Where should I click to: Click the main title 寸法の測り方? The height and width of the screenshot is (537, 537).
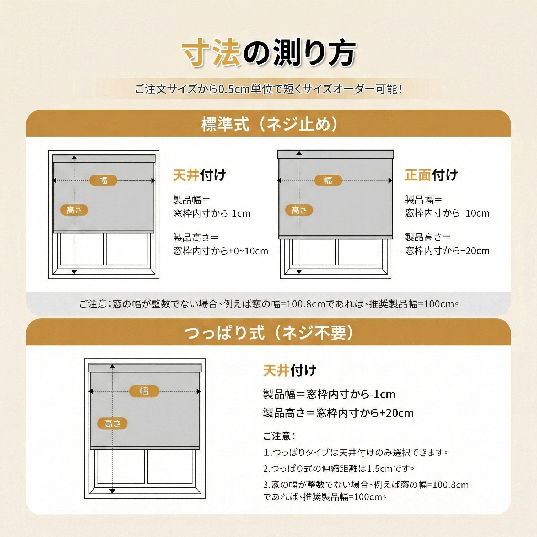(x=268, y=53)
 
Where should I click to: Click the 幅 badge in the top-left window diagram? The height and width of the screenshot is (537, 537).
(x=103, y=180)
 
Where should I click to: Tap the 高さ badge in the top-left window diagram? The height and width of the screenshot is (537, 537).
(x=74, y=210)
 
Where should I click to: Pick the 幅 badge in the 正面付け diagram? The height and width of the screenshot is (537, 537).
(x=328, y=180)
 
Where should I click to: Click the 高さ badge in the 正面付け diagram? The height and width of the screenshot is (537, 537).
(x=299, y=210)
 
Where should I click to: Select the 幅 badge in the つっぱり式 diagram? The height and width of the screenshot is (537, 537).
(x=144, y=391)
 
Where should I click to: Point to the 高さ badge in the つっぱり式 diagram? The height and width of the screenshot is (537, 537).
(x=112, y=424)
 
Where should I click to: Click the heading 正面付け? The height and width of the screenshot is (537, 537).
(x=431, y=175)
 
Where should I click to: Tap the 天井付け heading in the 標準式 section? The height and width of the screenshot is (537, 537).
(x=200, y=175)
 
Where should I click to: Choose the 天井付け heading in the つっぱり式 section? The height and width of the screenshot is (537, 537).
(x=290, y=370)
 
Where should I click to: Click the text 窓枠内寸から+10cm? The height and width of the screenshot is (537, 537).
(x=447, y=213)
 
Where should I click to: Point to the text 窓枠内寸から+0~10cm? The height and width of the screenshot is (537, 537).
(x=221, y=251)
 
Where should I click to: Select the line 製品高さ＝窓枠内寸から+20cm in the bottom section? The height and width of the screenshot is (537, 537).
(x=338, y=413)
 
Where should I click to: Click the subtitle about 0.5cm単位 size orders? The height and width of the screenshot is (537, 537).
(x=268, y=89)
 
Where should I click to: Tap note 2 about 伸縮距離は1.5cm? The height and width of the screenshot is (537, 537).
(x=339, y=469)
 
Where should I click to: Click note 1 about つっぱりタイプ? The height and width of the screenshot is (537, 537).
(x=356, y=453)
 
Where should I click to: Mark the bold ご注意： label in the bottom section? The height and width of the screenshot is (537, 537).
(x=279, y=436)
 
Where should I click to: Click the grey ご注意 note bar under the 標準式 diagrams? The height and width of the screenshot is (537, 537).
(x=268, y=304)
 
